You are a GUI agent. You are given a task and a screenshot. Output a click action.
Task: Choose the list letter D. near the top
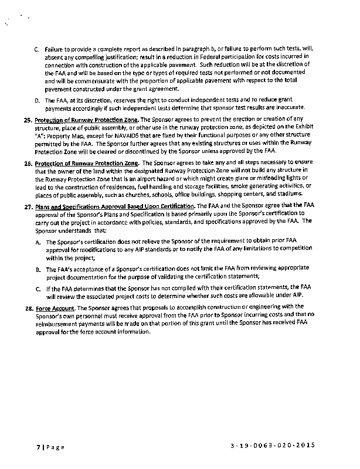[x=37, y=100]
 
